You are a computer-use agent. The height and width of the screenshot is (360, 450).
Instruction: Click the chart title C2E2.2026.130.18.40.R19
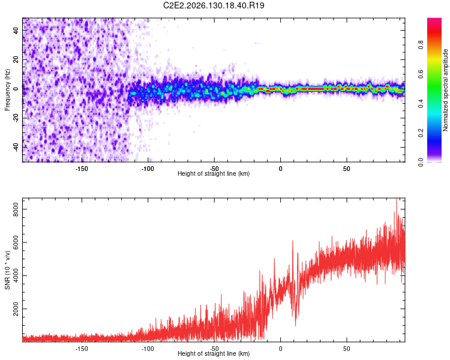point(214,5)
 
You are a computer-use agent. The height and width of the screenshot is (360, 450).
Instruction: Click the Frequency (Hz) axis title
point(7,90)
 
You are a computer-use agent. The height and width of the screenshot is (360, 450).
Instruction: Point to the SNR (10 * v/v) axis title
point(7,270)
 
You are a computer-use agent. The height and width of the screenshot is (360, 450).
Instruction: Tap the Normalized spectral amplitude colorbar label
point(445,90)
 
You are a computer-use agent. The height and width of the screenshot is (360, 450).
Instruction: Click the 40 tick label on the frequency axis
point(16,31)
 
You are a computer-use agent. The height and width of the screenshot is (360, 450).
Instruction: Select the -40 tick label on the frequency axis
point(16,146)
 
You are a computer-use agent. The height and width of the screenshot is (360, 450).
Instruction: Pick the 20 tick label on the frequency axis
point(16,60)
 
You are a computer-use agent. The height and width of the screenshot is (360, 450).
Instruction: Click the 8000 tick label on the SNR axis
point(16,209)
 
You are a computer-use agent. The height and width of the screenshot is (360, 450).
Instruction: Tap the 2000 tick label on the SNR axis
point(16,308)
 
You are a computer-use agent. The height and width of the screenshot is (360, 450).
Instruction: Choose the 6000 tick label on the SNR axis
point(16,242)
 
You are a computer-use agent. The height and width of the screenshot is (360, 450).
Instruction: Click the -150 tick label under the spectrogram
point(82,169)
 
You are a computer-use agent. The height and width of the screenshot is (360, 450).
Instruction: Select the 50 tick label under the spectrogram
point(347,169)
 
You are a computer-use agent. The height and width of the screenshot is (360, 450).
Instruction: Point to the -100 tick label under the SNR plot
point(148,349)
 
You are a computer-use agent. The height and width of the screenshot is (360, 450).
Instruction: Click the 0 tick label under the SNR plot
point(280,349)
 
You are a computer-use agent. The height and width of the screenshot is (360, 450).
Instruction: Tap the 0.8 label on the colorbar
point(421,45)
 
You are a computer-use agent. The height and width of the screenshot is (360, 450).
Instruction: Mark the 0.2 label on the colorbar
point(421,133)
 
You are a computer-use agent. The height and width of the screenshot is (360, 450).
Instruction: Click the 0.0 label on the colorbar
point(421,162)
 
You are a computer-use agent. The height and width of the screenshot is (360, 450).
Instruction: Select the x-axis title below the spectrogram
point(214,173)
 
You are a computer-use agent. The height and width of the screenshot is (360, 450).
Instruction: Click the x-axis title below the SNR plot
point(214,353)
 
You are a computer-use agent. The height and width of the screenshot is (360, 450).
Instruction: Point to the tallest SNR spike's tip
point(397,198)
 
